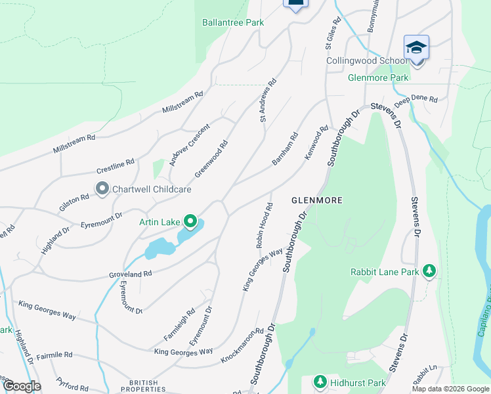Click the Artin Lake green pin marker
(x=190, y=222)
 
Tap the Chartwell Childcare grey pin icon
(x=102, y=189)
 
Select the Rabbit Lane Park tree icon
(x=429, y=271)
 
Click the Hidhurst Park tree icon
(x=320, y=382)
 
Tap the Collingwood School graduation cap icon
(x=416, y=47)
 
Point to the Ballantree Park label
(x=233, y=22)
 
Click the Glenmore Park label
(x=378, y=77)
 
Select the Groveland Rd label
(x=131, y=273)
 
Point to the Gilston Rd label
(x=74, y=198)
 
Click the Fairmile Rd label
(x=54, y=355)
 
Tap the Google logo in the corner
(x=21, y=386)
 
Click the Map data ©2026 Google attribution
(x=450, y=389)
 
